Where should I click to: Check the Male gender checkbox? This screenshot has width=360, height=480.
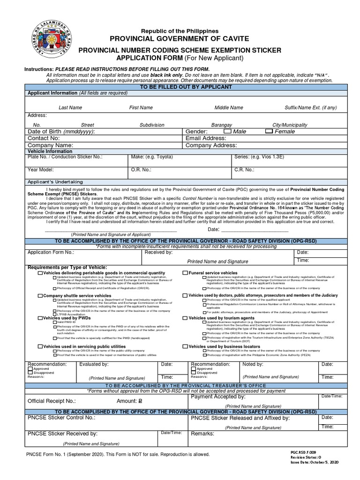(228, 132)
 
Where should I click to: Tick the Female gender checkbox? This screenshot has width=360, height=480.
(269, 132)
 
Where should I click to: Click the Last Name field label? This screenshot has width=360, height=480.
(70, 108)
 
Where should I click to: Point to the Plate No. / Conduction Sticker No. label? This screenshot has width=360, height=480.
(65, 157)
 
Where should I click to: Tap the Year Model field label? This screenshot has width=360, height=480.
(41, 169)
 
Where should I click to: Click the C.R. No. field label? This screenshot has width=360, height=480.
(244, 169)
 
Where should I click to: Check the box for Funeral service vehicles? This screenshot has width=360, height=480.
(185, 273)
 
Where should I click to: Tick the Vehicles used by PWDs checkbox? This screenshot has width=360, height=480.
(40, 318)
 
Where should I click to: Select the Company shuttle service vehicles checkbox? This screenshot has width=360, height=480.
(40, 296)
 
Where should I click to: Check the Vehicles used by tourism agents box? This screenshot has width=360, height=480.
(185, 318)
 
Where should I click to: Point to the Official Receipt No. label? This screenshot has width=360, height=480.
(52, 402)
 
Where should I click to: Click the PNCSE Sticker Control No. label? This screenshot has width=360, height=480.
(61, 417)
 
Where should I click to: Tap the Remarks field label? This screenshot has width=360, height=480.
(202, 434)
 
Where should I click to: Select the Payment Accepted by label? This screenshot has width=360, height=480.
(218, 397)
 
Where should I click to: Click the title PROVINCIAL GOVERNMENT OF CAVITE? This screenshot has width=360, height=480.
(180, 38)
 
